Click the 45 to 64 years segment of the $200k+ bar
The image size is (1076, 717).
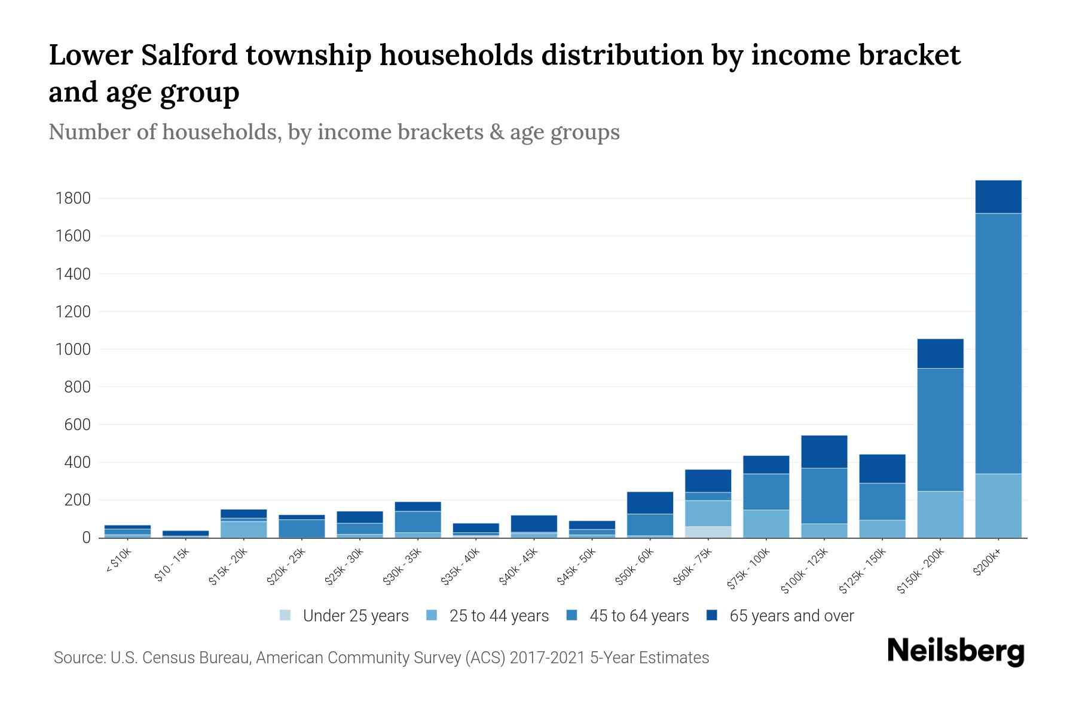pos(998,344)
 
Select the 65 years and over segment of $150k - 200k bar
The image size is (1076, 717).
pos(940,354)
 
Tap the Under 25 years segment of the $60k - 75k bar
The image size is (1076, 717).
pos(708,532)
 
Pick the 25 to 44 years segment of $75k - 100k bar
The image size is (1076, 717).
pos(766,523)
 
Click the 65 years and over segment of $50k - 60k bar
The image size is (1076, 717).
pos(650,502)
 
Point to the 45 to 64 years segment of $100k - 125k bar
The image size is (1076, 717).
pos(824,496)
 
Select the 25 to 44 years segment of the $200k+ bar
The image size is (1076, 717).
pos(998,505)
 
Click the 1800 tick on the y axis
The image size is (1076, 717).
pos(73,198)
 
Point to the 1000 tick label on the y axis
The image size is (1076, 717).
pos(73,350)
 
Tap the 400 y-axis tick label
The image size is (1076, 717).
pos(78,462)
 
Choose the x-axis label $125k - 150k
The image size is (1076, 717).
pos(863,572)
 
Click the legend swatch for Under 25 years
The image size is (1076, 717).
pos(286,615)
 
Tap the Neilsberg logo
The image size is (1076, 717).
pos(955,651)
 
